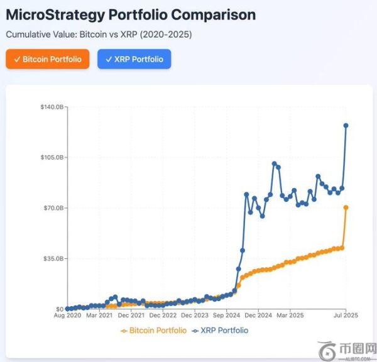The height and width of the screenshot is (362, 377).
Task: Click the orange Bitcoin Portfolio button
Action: coord(48,59)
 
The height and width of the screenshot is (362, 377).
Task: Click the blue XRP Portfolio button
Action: coord(134,59)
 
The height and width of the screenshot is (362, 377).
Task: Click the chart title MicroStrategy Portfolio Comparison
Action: coord(131,14)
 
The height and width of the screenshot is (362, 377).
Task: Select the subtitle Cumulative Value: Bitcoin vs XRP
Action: coord(99,35)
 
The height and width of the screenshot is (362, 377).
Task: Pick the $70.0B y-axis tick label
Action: coord(50,208)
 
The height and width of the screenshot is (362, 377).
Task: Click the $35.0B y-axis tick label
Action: coord(50,258)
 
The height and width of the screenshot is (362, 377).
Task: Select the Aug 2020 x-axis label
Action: coord(67,317)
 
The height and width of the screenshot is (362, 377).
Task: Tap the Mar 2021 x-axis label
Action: coord(99,317)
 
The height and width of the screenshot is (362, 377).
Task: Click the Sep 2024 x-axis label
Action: coord(226,317)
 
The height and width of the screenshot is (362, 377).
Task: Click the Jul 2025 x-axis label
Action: coord(345,317)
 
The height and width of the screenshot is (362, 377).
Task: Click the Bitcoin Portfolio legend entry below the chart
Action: coord(153,331)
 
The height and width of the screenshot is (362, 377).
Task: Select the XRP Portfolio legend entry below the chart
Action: coord(220,331)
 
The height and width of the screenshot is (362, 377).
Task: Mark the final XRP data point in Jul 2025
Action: coord(346,126)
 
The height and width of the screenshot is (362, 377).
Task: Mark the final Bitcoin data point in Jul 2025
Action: coord(346,207)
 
